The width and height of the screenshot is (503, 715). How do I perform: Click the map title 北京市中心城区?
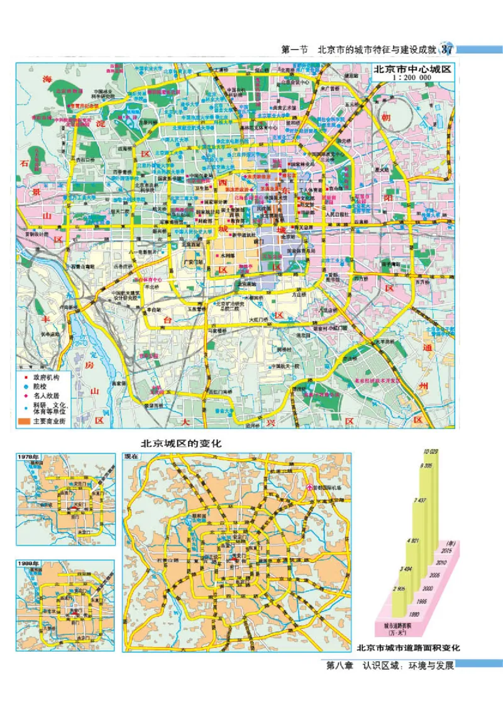pos(412,70)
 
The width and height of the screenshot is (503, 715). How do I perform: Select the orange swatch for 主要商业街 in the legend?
pos(25,420)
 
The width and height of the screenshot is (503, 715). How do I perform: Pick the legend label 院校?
pos(41,387)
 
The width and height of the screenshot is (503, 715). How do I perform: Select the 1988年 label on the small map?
pos(28,563)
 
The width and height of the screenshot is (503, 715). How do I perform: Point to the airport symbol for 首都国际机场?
pos(309,487)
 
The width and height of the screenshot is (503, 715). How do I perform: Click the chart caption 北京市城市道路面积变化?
pos(409,647)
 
